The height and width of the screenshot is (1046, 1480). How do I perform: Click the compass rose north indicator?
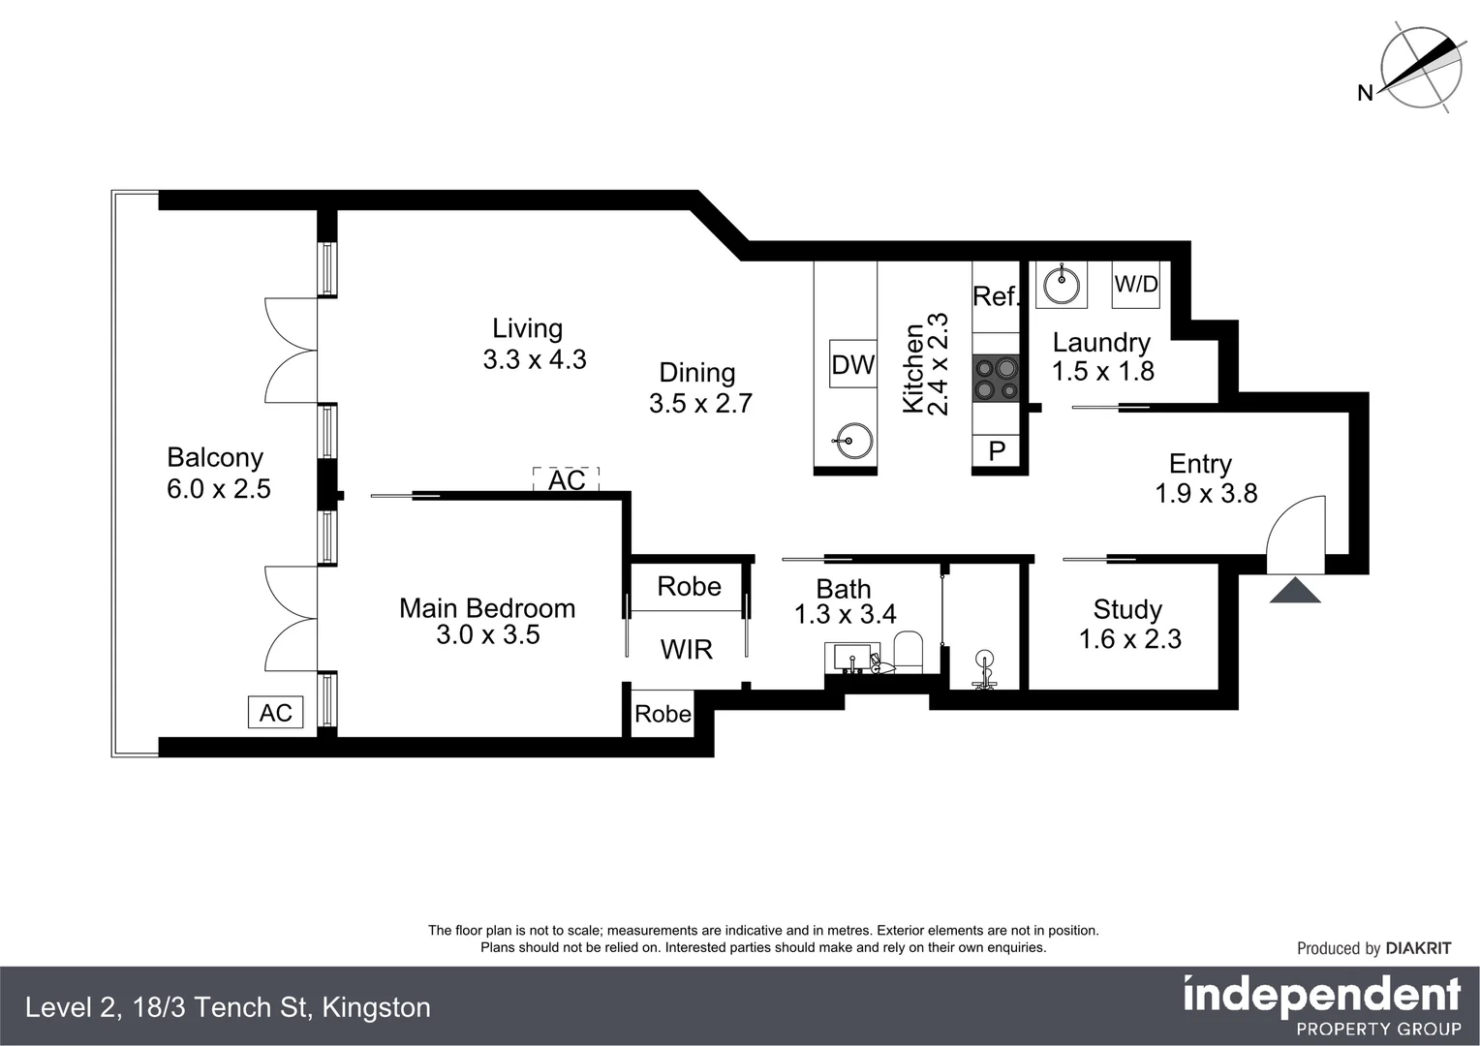[x=1419, y=69]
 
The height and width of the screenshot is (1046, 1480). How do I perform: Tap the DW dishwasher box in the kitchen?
[x=853, y=364]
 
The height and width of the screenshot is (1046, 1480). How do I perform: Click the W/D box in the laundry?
[x=1136, y=284]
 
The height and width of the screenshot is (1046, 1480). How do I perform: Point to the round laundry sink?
[x=1062, y=284]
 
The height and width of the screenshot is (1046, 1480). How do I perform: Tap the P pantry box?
[x=997, y=450]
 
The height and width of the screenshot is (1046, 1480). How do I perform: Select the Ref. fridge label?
[x=996, y=296]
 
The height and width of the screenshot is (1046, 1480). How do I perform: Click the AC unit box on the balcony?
[x=276, y=713]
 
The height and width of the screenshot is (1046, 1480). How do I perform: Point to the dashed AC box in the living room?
[x=567, y=479]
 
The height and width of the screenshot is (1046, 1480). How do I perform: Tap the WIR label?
[x=687, y=649]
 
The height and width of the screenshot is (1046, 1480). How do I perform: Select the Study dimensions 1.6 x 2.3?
[x=1130, y=639]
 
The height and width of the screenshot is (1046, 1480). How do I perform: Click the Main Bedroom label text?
[x=487, y=608]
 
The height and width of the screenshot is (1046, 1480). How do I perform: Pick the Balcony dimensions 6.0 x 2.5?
[x=219, y=489]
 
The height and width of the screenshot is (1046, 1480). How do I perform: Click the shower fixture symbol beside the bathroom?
[x=985, y=669]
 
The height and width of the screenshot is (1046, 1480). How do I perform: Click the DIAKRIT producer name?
[x=1418, y=948]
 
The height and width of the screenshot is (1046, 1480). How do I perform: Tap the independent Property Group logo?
[x=1322, y=1005]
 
